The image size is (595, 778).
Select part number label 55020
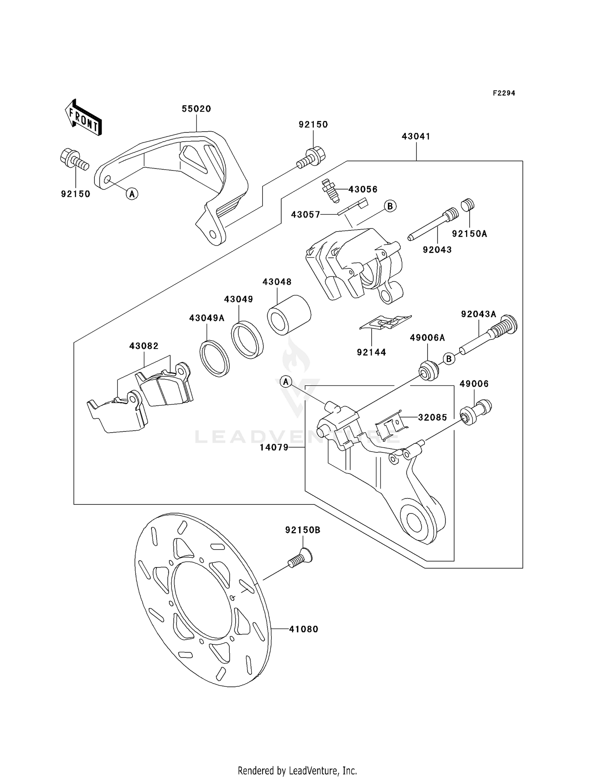(196, 109)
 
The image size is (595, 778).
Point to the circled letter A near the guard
(132, 194)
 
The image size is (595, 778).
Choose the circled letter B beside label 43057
(390, 206)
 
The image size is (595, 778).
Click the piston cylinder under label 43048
(289, 315)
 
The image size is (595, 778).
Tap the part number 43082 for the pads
(144, 346)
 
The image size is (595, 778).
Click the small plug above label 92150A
(468, 205)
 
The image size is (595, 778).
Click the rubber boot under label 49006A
(429, 370)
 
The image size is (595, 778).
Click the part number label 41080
(303, 629)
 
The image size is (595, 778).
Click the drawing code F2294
(504, 93)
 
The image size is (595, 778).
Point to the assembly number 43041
(416, 136)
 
